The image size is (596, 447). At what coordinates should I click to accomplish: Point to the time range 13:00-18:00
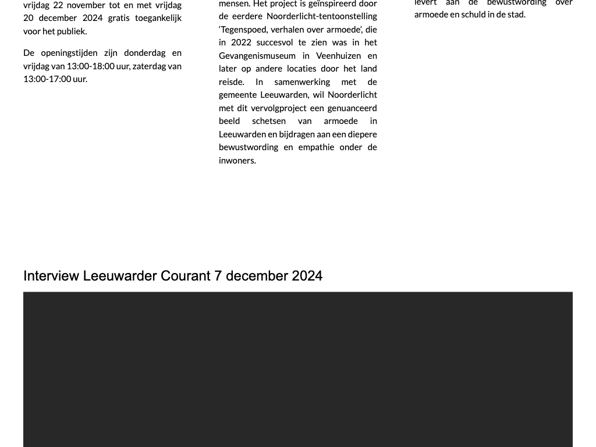90,66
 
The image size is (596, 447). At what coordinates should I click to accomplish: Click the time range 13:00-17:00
47,79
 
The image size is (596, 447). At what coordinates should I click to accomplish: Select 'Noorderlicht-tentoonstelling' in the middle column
322,16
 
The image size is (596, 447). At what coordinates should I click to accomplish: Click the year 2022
242,42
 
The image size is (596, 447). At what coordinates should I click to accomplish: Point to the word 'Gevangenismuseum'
256,56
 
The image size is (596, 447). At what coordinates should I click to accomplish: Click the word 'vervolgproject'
279,108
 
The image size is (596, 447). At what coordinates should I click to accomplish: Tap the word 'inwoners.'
237,161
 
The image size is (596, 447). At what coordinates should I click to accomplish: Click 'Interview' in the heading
51,276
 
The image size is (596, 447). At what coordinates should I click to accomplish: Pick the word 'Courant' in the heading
186,276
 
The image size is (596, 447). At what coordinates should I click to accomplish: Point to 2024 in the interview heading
307,276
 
